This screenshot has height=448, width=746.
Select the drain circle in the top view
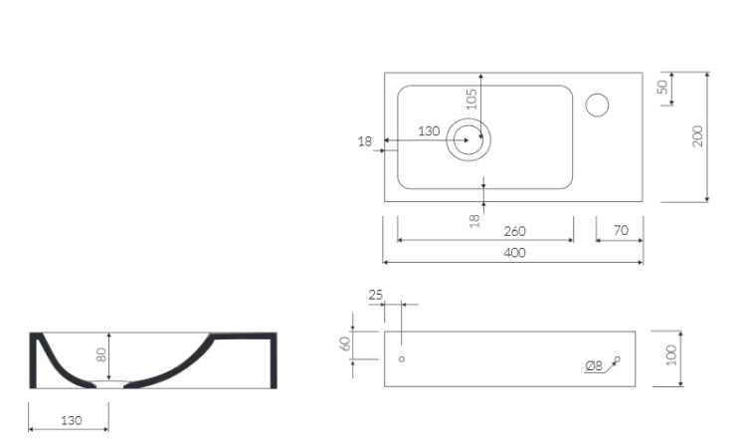(468, 118)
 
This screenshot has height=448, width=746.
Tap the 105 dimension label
(471, 99)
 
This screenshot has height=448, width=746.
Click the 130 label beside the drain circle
(429, 131)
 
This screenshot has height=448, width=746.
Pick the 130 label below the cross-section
(72, 421)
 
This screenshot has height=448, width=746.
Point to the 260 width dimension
(515, 231)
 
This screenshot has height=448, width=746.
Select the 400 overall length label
(515, 253)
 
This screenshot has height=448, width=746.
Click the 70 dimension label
(621, 230)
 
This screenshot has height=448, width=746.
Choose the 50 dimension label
(662, 87)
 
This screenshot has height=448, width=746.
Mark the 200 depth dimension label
(697, 136)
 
